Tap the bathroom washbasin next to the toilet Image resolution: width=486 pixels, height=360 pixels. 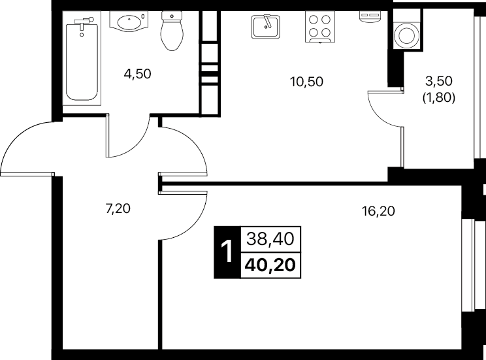pyautogui.click(x=129, y=21)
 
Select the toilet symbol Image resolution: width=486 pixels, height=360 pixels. pyautogui.click(x=172, y=31)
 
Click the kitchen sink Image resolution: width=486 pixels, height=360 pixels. pyautogui.click(x=266, y=27)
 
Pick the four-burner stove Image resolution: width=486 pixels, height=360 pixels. pyautogui.click(x=320, y=27)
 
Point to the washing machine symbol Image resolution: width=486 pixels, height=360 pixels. pyautogui.click(x=407, y=35)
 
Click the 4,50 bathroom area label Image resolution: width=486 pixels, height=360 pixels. pyautogui.click(x=137, y=74)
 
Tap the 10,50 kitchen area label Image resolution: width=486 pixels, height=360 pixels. pyautogui.click(x=306, y=82)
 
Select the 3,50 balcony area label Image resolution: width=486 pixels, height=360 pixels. pyautogui.click(x=438, y=81)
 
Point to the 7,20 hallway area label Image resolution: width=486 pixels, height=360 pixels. pyautogui.click(x=118, y=208)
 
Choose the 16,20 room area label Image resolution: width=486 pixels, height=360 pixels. pyautogui.click(x=378, y=211)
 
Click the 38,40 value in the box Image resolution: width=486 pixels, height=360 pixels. pyautogui.click(x=270, y=239)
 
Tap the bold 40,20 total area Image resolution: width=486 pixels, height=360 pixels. pyautogui.click(x=270, y=265)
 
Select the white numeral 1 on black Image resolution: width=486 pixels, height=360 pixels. pyautogui.click(x=227, y=252)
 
